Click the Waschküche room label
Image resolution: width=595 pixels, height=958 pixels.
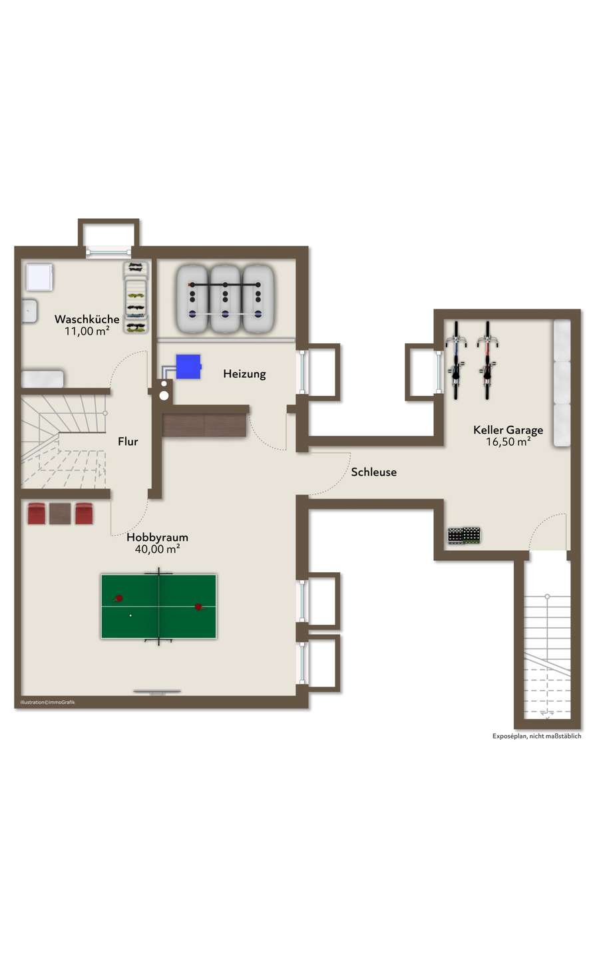[87, 319]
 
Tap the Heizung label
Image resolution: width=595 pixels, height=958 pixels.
[244, 374]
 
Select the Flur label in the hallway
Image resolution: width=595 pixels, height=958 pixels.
[128, 441]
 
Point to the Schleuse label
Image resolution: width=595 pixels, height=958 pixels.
[373, 472]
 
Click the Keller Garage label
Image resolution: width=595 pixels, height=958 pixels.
[508, 430]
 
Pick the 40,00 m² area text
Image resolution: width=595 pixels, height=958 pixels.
[158, 549]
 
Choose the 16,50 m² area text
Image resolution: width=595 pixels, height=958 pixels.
[508, 442]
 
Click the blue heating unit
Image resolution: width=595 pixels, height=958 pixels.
[188, 367]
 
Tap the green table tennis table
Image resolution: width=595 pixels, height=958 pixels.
[158, 607]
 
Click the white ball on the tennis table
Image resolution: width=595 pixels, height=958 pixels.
[130, 615]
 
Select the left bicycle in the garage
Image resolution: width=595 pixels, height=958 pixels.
[456, 360]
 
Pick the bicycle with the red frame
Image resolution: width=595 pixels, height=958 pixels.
[487, 360]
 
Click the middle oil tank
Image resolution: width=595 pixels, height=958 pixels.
[225, 299]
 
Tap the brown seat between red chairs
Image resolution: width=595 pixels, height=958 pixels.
[60, 514]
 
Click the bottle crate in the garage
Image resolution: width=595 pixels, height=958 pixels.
[464, 536]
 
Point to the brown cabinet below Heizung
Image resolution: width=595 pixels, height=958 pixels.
[204, 424]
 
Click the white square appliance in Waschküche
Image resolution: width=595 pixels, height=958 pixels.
[39, 277]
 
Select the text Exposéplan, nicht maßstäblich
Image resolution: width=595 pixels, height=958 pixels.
[536, 736]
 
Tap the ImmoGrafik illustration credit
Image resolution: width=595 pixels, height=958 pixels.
[47, 703]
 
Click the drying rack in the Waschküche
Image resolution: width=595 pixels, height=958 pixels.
[136, 297]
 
